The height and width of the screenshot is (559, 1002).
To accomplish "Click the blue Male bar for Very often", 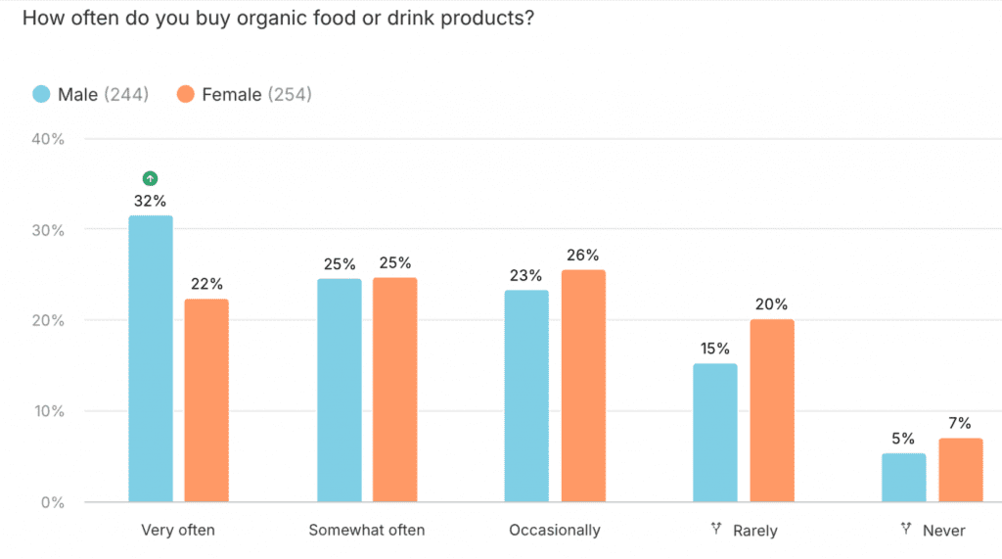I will click(x=151, y=358).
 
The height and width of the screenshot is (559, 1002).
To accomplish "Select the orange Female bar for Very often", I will click(x=206, y=400).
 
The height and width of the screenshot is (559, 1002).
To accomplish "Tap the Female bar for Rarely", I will click(x=772, y=410).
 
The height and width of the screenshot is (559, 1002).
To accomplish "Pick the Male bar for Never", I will click(x=903, y=478).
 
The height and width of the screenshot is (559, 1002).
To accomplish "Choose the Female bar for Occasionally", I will click(x=583, y=386).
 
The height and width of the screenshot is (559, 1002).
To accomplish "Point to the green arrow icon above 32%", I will click(x=150, y=178).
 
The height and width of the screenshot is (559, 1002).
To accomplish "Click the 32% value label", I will click(x=150, y=201).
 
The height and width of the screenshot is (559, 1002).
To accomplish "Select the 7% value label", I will click(x=959, y=423).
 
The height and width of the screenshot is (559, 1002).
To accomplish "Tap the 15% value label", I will click(x=714, y=349).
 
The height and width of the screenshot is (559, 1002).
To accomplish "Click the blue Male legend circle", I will click(x=41, y=95).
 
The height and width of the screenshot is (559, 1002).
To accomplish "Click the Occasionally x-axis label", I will click(x=555, y=531).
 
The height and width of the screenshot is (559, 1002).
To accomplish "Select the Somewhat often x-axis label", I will click(x=367, y=531).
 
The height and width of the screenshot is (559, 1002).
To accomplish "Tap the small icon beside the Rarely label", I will click(x=717, y=530).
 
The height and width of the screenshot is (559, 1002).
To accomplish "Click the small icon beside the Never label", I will click(x=905, y=530).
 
